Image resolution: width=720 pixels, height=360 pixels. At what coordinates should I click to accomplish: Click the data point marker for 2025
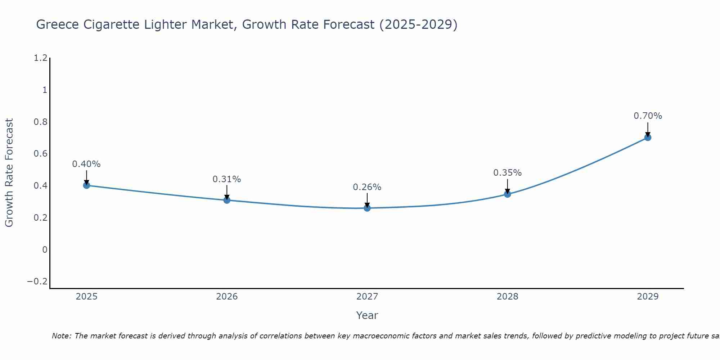pyautogui.click(x=86, y=185)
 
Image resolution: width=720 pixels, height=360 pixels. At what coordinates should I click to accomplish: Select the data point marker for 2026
pyautogui.click(x=227, y=200)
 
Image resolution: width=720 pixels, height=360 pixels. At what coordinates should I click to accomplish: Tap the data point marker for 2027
pyautogui.click(x=367, y=208)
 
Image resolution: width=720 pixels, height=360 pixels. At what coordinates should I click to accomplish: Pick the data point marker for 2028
pyautogui.click(x=508, y=194)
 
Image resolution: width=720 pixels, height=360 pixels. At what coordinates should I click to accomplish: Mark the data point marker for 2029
pyautogui.click(x=648, y=138)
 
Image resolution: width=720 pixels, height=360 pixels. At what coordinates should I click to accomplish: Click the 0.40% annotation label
pyautogui.click(x=86, y=164)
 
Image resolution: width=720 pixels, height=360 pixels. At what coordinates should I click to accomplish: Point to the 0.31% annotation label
pyautogui.click(x=227, y=179)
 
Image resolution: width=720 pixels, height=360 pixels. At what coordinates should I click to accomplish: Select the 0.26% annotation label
pyautogui.click(x=367, y=187)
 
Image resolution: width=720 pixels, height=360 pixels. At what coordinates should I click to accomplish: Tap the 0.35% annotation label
pyautogui.click(x=508, y=173)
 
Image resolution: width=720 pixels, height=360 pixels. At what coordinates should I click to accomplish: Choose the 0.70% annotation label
pyautogui.click(x=648, y=116)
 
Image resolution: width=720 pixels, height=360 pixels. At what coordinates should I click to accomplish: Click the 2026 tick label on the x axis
pyautogui.click(x=227, y=297)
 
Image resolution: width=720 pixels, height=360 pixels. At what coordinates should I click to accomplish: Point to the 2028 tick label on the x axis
pyautogui.click(x=508, y=297)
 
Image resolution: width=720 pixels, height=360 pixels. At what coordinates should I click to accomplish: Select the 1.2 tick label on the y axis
pyautogui.click(x=40, y=58)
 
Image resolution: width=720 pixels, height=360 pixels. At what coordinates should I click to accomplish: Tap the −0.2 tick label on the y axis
pyautogui.click(x=37, y=282)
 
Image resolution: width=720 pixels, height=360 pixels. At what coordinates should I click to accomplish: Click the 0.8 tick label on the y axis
pyautogui.click(x=40, y=122)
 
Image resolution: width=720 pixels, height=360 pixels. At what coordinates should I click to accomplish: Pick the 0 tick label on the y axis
pyautogui.click(x=45, y=249)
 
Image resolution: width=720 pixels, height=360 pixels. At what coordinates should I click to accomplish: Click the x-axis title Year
pyautogui.click(x=367, y=315)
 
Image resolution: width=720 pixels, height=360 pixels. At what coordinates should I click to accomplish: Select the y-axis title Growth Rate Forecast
pyautogui.click(x=9, y=173)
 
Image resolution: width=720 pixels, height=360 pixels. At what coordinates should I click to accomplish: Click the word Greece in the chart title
pyautogui.click(x=58, y=24)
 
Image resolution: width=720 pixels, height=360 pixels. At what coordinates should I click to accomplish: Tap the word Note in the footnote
pyautogui.click(x=61, y=336)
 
